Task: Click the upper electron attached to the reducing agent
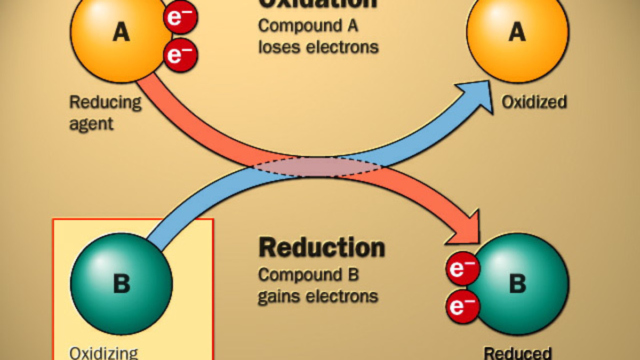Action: point(181,17)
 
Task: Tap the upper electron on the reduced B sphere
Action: point(462,269)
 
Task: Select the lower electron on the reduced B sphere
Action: point(462,307)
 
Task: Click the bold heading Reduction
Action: point(322,247)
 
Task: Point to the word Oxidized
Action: point(534,102)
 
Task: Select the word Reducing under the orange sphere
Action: point(106,102)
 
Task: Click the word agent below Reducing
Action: point(92,124)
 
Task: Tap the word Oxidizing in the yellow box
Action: point(103,353)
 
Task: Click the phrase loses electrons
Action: point(318,46)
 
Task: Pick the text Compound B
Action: point(308,275)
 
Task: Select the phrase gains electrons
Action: point(318,295)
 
